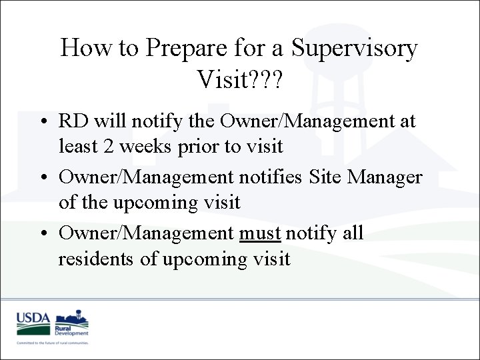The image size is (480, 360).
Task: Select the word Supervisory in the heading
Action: (x=355, y=49)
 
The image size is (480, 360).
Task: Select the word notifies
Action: (x=270, y=177)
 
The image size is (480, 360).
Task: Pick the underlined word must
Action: (x=261, y=234)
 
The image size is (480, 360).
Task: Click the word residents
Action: (x=97, y=258)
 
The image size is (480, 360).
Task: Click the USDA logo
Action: (x=33, y=323)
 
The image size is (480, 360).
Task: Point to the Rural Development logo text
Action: (x=71, y=331)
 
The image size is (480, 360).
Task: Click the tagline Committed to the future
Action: (x=53, y=343)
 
